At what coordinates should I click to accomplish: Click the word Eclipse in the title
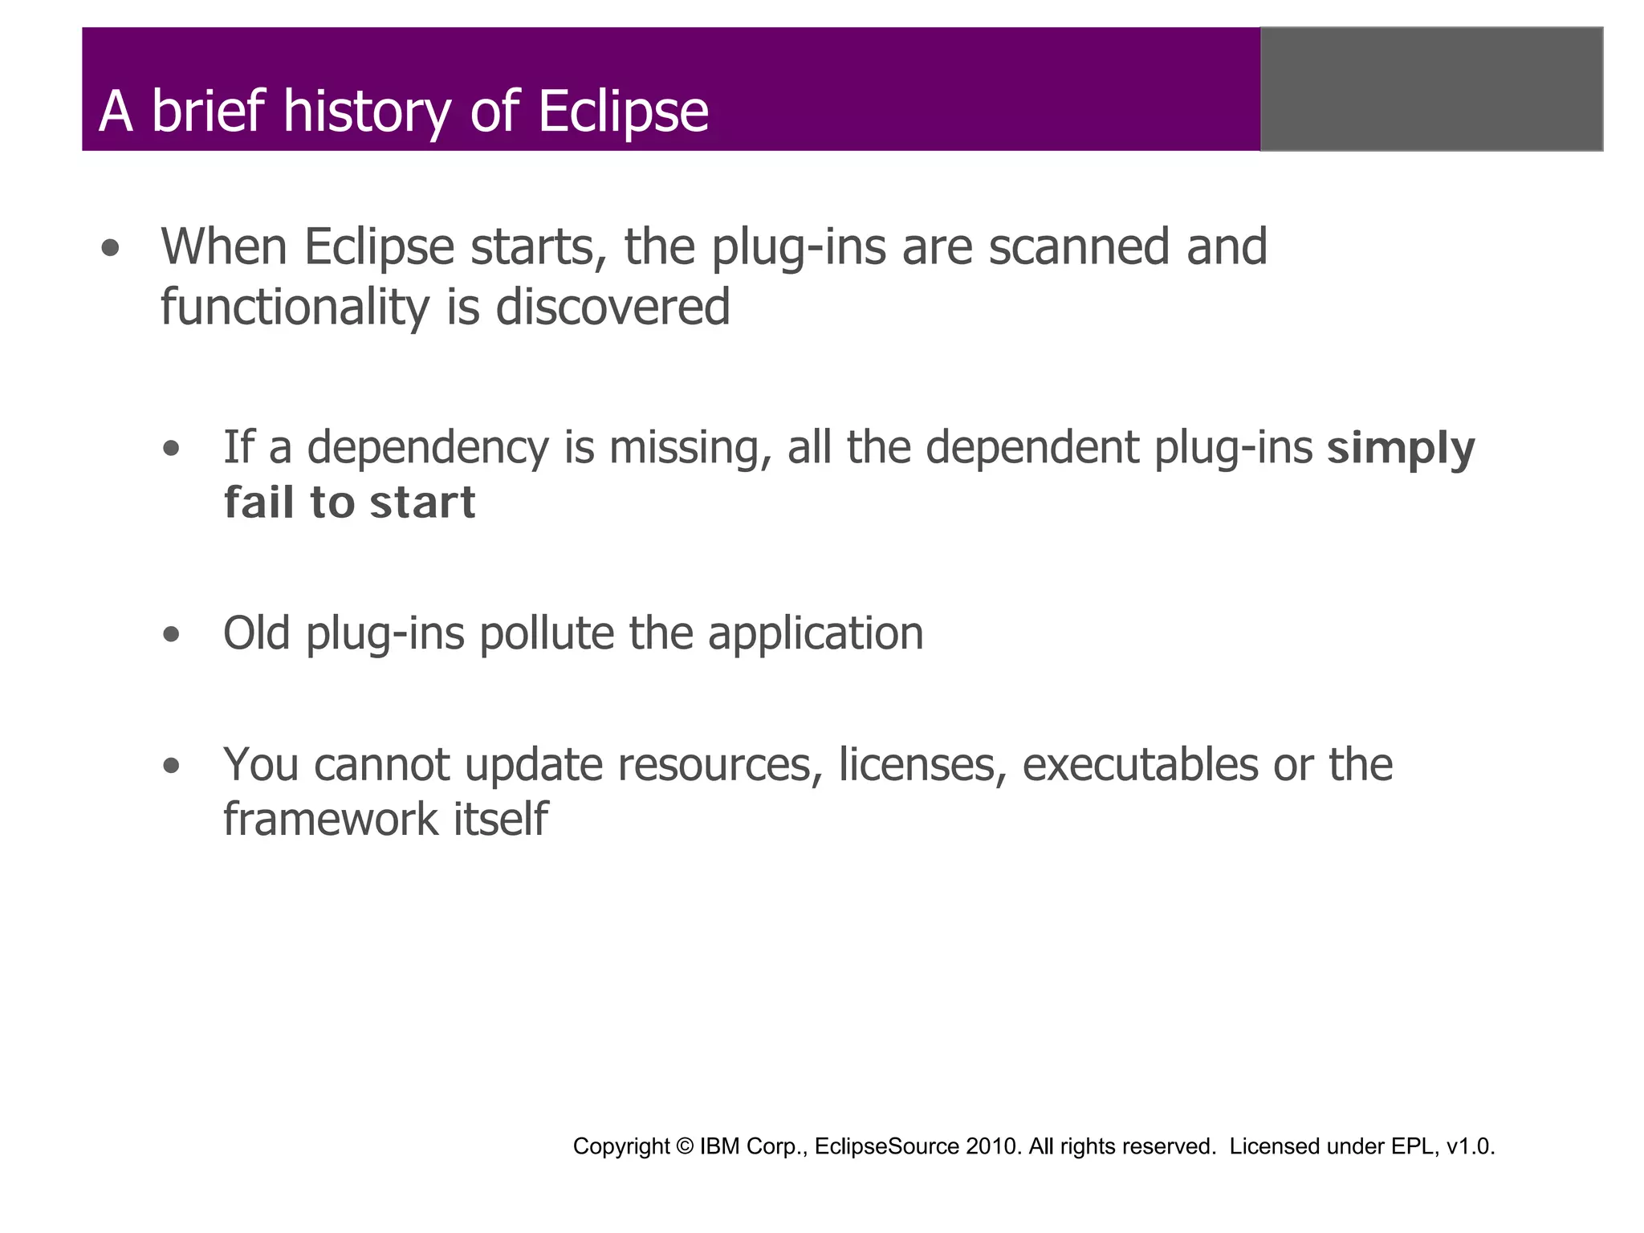click(623, 111)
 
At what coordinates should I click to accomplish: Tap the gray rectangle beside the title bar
click(1431, 89)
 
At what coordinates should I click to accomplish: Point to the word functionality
click(295, 307)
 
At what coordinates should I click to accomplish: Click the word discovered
click(612, 307)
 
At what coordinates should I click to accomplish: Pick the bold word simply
click(1401, 449)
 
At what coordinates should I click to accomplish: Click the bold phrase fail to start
click(349, 503)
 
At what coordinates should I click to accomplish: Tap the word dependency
click(427, 449)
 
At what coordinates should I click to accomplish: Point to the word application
click(815, 633)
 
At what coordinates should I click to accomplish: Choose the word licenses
click(922, 764)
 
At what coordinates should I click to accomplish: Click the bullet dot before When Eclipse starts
click(111, 249)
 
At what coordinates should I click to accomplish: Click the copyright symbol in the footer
click(685, 1147)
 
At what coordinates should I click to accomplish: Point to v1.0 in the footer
click(1470, 1147)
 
